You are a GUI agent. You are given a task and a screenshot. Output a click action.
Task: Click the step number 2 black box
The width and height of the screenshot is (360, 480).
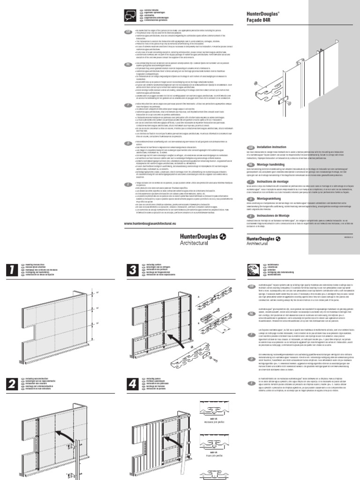[x=12, y=384]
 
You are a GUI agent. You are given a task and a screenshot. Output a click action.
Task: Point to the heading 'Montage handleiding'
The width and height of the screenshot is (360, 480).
[x=272, y=165]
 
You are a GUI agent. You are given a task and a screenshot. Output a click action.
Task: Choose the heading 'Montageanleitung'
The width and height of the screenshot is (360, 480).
[x=271, y=199]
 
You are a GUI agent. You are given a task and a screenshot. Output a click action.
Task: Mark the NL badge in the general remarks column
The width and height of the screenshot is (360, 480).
[x=127, y=64]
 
